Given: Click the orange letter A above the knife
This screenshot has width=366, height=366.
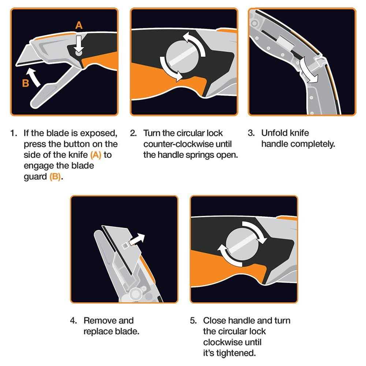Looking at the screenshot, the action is tap(79, 25).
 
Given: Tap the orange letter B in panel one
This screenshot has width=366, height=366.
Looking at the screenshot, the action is tap(26, 83).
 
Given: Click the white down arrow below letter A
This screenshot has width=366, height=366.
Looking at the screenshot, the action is tap(79, 44).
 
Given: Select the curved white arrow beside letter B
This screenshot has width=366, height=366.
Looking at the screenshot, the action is tap(34, 77).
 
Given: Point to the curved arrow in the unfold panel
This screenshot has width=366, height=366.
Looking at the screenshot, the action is tap(308, 70).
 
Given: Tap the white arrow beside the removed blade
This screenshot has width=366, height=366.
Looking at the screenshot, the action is tap(137, 239).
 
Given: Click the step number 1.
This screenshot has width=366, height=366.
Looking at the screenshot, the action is tap(14, 133).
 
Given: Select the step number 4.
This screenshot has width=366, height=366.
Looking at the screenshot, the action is tap(73, 321).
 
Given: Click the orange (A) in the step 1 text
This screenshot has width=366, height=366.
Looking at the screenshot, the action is tap(96, 155).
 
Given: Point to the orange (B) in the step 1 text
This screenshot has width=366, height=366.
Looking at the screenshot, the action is tap(55, 177).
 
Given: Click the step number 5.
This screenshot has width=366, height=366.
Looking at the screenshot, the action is tap(193, 321).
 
